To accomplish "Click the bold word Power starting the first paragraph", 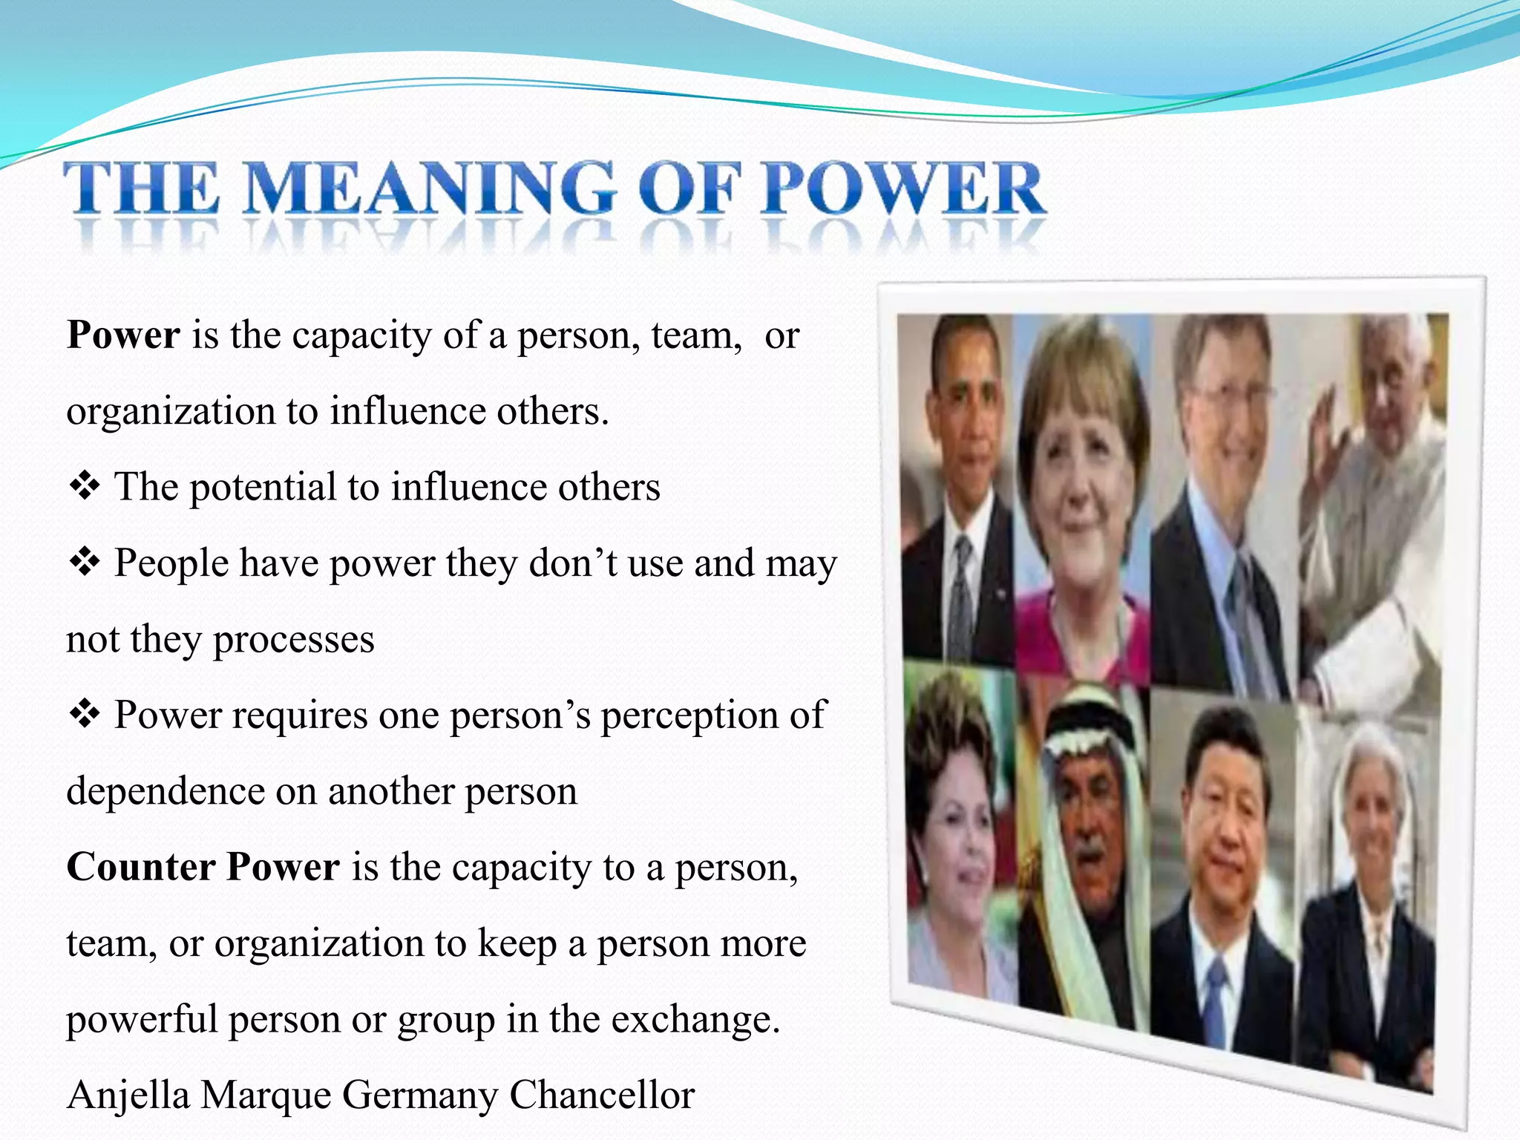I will coord(123,335).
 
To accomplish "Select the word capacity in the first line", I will coord(361,336).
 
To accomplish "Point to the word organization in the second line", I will coord(171,412).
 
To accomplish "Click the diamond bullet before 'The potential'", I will coord(84,486).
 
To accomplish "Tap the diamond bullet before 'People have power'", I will coord(84,562).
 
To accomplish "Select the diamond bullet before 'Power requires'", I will coord(84,714).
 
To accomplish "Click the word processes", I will coord(293,640).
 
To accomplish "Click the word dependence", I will coord(165,791).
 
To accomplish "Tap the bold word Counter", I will coord(140,867).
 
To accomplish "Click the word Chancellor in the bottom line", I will coord(602,1095).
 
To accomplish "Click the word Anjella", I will coord(128,1096).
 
